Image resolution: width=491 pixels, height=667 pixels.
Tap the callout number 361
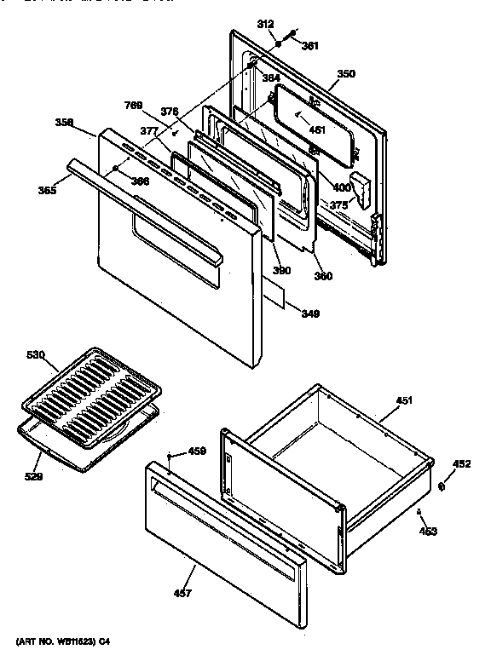pos(310,46)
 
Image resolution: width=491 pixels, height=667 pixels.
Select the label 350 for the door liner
pos(345,74)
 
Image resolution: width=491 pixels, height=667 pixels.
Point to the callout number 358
pos(65,123)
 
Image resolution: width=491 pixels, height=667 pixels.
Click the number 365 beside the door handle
pos(47,191)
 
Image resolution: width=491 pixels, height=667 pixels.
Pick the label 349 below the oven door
pos(310,313)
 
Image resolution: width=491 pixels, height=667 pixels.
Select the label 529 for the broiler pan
pos(33,476)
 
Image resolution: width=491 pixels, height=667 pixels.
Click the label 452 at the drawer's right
pos(461,464)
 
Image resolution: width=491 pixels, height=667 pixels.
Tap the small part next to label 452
pos(442,486)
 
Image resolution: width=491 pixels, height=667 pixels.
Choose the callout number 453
pos(428,531)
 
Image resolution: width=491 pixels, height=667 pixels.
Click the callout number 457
pos(182,593)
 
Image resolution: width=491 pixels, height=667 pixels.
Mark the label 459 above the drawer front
pos(197,451)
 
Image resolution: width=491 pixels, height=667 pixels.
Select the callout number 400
pos(341,187)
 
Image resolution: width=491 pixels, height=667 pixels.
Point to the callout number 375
pos(338,204)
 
